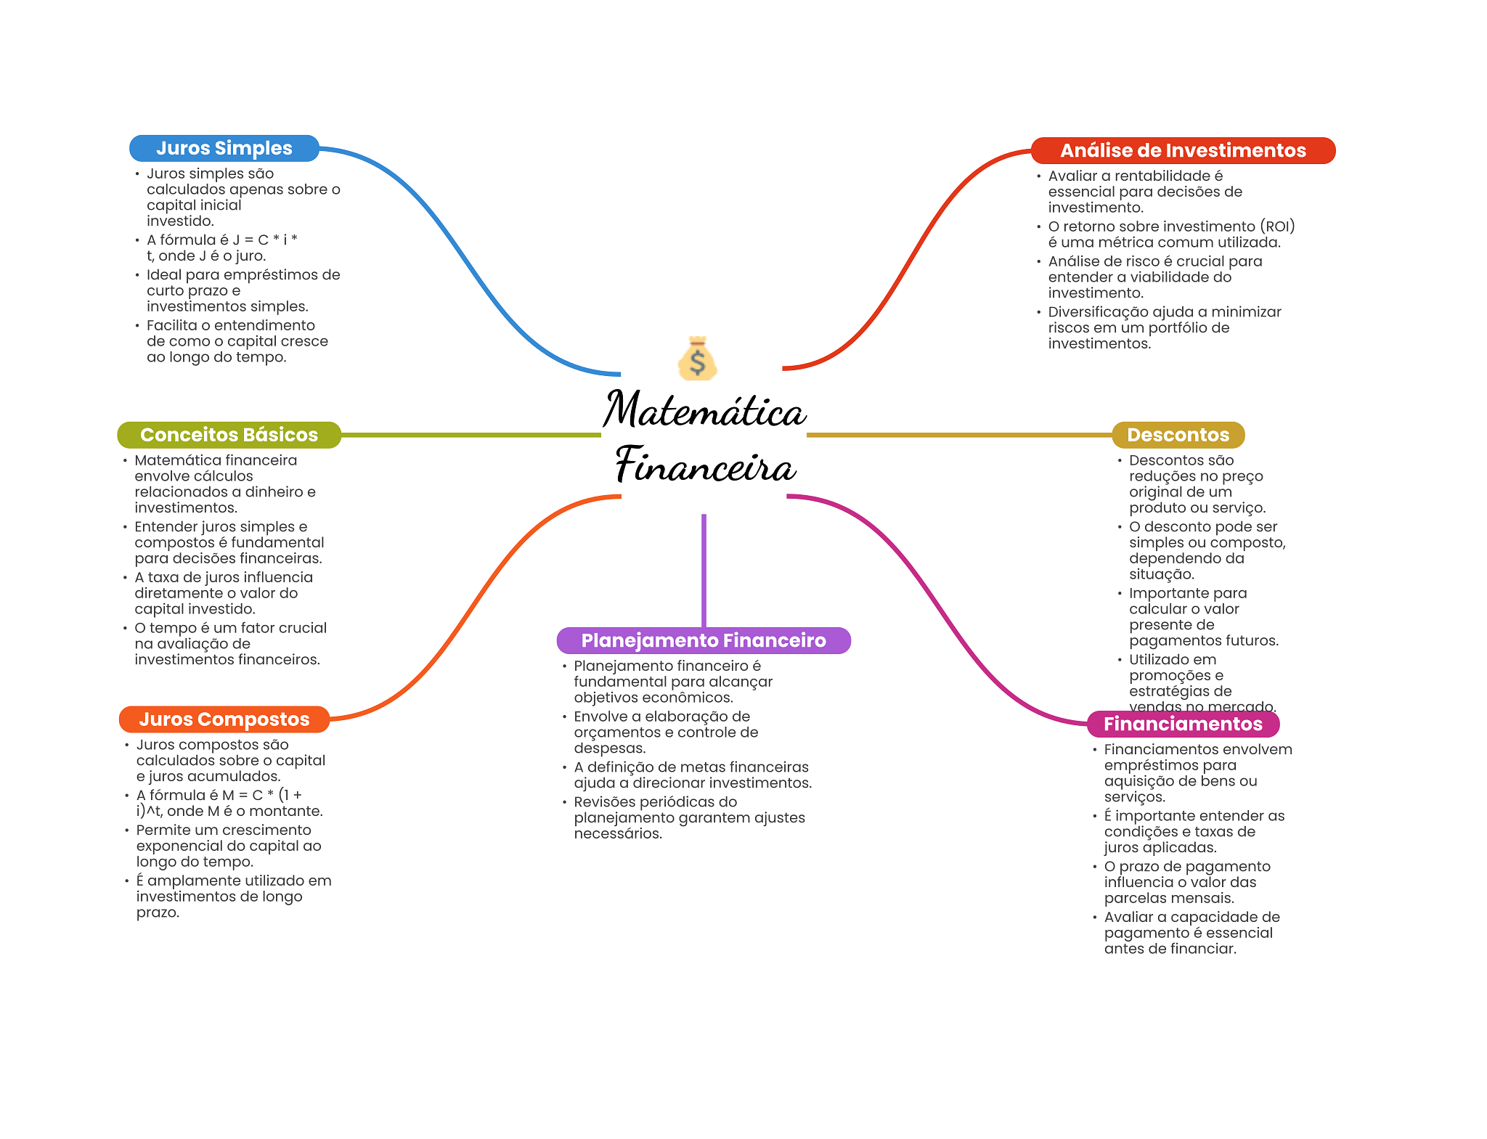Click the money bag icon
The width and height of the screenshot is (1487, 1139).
coord(697,359)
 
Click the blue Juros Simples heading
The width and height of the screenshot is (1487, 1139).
coord(224,148)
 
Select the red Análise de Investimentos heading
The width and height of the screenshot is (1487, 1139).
coord(1182,150)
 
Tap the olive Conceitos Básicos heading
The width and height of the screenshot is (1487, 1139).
coord(229,435)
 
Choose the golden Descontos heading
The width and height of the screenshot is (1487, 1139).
coord(1178,435)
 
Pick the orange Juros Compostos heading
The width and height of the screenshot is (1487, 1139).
coord(224,719)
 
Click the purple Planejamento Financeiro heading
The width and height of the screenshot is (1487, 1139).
coord(703,640)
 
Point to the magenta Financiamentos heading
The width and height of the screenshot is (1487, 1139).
coord(1182,724)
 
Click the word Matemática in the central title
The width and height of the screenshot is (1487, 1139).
coord(704,410)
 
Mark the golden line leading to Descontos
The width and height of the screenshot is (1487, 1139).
coord(958,435)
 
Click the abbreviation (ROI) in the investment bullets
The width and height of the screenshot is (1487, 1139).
coord(1277,226)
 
